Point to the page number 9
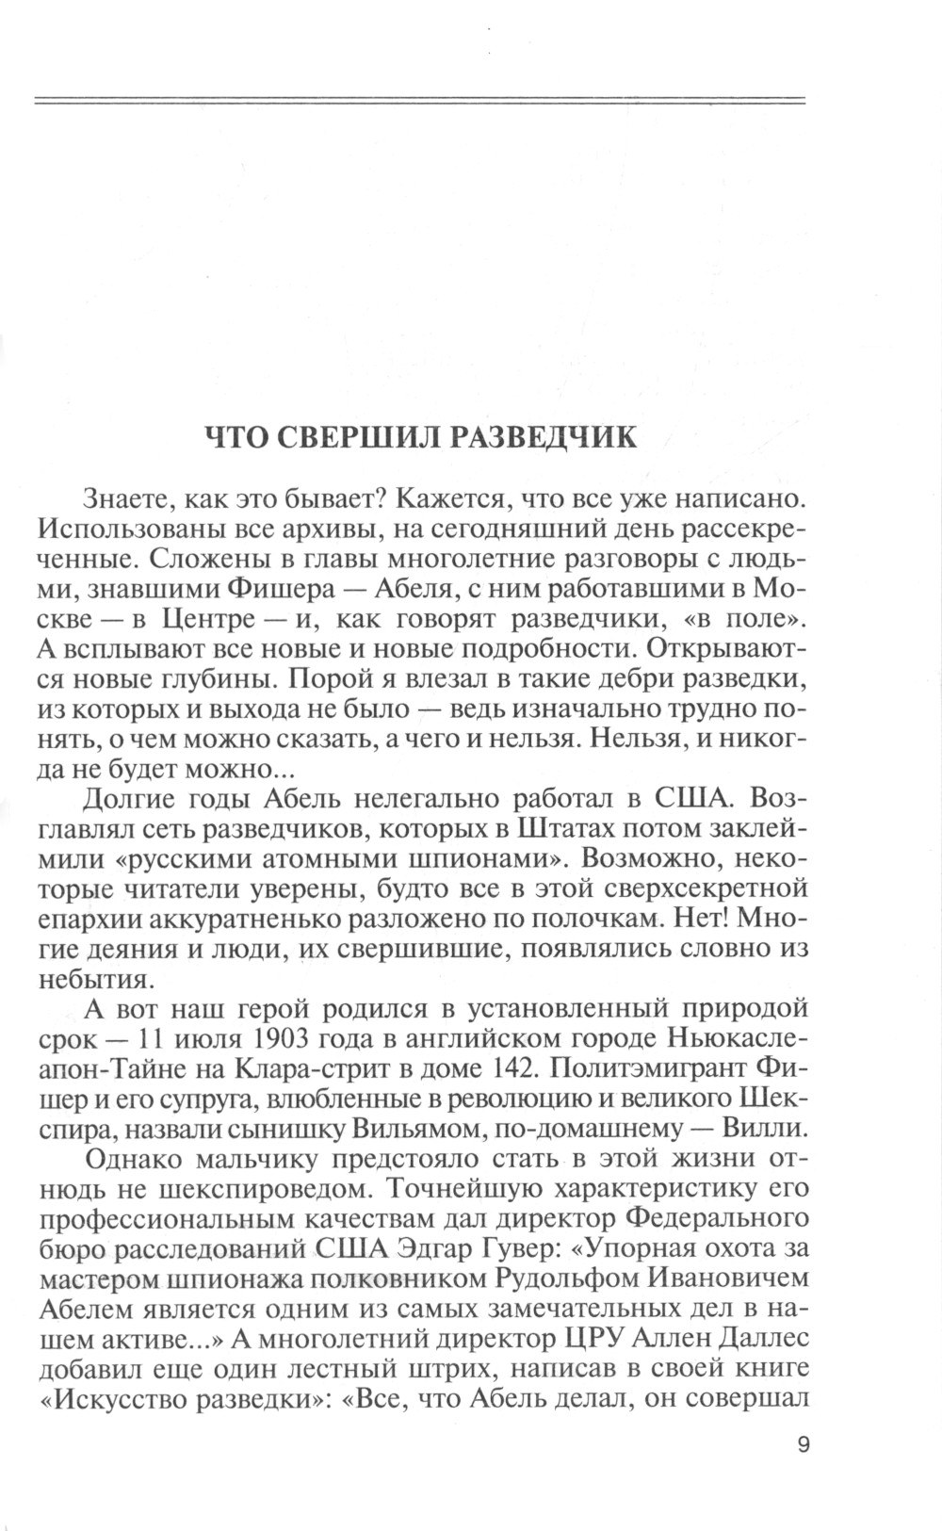click(x=803, y=1445)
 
